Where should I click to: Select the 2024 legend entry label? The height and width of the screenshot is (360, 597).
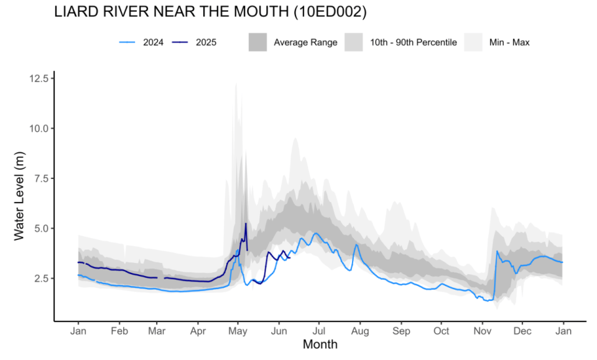click(153, 43)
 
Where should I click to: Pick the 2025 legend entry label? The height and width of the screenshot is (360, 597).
click(206, 43)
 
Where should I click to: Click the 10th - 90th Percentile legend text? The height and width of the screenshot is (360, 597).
click(417, 43)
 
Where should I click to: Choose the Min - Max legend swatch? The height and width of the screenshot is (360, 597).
click(474, 43)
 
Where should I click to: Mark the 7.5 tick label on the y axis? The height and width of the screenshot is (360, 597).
click(39, 178)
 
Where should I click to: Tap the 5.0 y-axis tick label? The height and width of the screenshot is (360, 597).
click(39, 228)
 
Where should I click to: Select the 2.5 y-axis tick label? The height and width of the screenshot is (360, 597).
click(39, 278)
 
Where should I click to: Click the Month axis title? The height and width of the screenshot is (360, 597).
click(320, 344)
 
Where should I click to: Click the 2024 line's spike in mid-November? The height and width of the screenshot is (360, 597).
click(497, 251)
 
